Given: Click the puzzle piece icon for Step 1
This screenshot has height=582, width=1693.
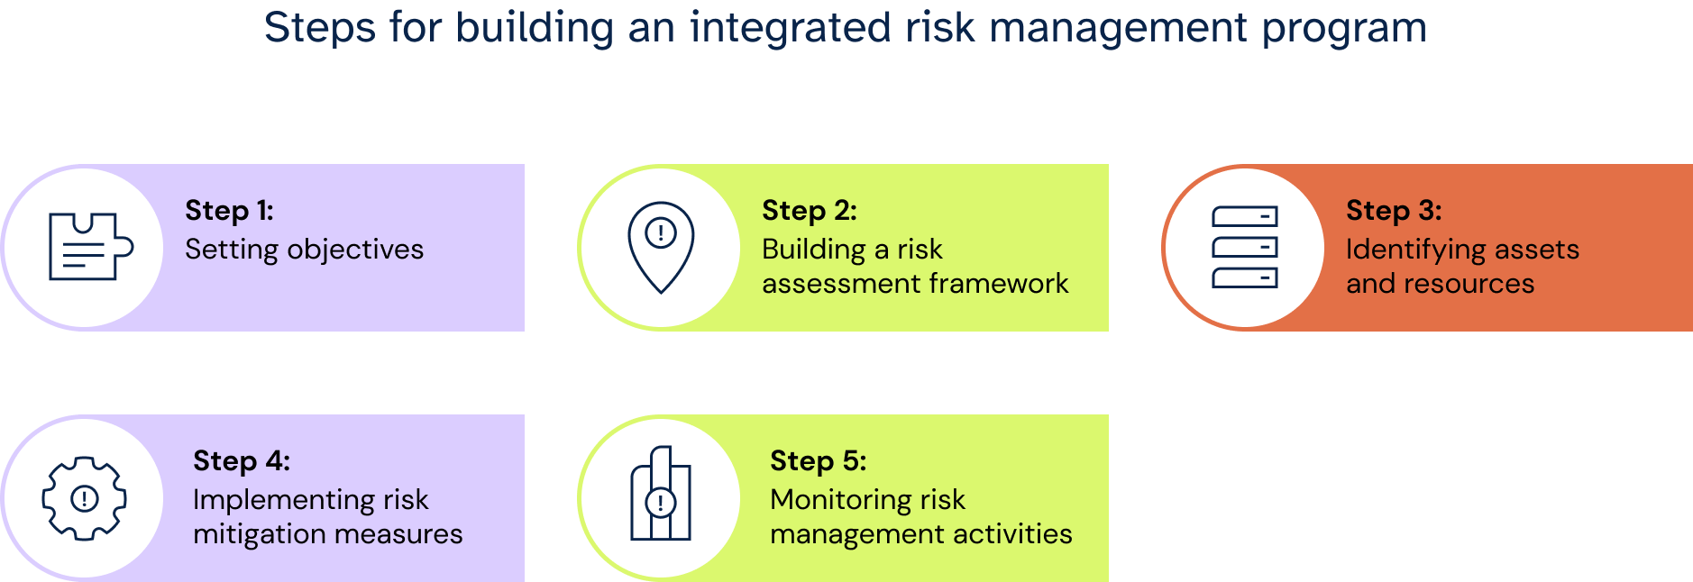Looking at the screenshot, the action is pos(90,247).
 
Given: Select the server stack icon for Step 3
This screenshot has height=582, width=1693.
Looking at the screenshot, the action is pos(1245,247).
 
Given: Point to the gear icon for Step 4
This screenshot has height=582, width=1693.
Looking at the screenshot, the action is pos(85,498).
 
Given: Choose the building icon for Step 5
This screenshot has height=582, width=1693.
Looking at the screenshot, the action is pos(661,494).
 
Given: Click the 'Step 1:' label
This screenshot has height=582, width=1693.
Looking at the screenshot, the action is pos(229,211).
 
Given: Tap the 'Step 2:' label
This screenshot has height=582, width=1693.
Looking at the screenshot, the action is pos(810,211).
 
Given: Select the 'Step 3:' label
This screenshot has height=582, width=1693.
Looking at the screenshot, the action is pos(1394,211).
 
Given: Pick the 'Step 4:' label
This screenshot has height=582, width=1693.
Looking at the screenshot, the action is pos(242,461).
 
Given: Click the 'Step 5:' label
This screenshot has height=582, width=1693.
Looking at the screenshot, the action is pos(819,461).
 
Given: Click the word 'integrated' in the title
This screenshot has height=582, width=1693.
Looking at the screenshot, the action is pos(791,28).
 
